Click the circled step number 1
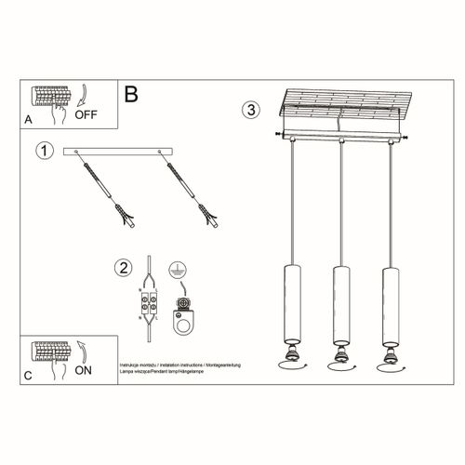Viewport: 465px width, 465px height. (x=41, y=150)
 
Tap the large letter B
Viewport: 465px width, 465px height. (x=131, y=93)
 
